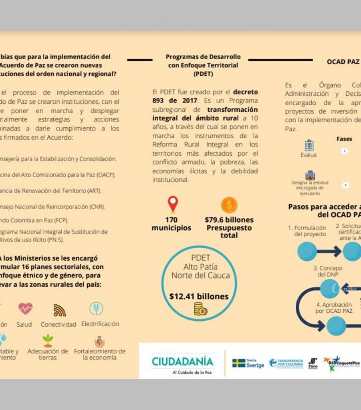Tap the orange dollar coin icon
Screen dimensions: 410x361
[229, 205]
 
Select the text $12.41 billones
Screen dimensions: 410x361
[199, 297]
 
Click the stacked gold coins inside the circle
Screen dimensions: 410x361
[200, 309]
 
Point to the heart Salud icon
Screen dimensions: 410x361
[25, 309]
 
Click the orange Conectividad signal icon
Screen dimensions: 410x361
[59, 310]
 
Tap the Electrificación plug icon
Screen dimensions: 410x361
[96, 309]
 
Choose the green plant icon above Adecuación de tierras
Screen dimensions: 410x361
[48, 340]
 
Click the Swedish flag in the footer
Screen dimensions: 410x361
[239, 363]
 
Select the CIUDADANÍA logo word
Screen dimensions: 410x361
[182, 362]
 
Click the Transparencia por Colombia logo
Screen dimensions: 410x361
[286, 363]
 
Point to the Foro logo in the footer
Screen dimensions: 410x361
[313, 364]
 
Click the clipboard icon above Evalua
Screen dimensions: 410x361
[309, 145]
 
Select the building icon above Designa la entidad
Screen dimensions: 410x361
[310, 175]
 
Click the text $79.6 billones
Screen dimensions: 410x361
[229, 220]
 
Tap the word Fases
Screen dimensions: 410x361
[344, 139]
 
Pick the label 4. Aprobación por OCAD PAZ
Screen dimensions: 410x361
[334, 307]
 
